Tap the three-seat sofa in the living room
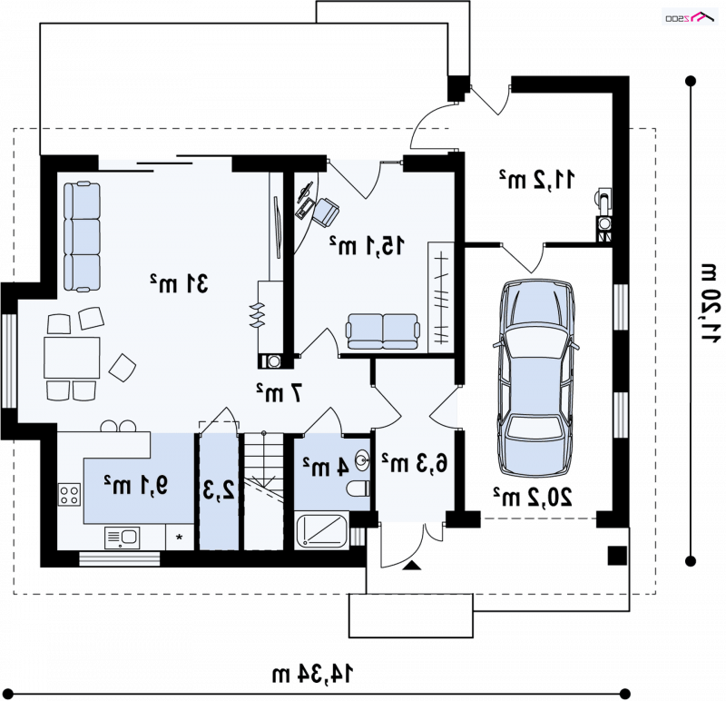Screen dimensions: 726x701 (82, 237)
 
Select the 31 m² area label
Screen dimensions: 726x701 (179, 283)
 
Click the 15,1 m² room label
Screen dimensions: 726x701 (367, 245)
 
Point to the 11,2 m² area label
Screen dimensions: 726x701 (536, 179)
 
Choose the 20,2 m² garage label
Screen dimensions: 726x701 (532, 497)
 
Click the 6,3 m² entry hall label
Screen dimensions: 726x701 (415, 463)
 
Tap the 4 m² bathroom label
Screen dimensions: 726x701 (326, 467)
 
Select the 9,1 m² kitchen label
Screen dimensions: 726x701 (135, 485)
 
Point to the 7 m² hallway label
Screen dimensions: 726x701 (280, 392)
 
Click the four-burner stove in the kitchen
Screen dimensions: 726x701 (69, 494)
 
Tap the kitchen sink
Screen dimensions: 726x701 (123, 538)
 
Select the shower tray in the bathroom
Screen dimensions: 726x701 (322, 530)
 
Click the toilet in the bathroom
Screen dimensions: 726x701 (358, 489)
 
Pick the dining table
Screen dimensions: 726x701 (72, 358)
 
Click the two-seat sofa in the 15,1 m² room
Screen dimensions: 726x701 (383, 331)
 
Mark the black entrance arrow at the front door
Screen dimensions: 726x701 (412, 565)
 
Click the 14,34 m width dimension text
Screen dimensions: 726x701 (312, 674)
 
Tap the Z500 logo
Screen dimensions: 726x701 (690, 16)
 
